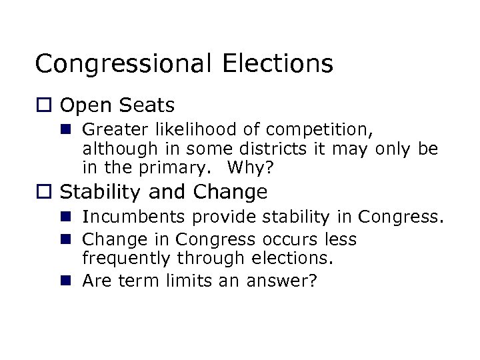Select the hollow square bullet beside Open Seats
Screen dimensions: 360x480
(43, 105)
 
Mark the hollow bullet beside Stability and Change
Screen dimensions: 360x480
(43, 193)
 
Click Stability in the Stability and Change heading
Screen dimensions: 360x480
(102, 192)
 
